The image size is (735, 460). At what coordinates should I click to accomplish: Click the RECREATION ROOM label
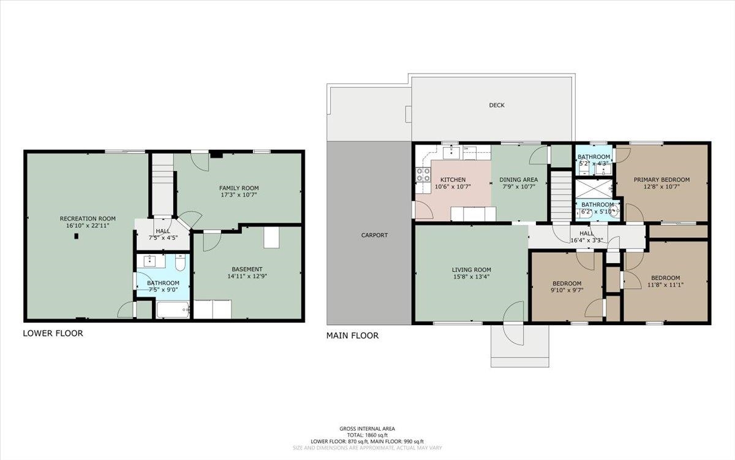(88, 218)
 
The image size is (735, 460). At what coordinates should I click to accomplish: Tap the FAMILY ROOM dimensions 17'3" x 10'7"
(238, 195)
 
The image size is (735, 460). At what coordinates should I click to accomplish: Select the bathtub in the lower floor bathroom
(173, 310)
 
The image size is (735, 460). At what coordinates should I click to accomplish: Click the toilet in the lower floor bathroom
(180, 263)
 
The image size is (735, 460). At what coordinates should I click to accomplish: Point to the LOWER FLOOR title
(53, 334)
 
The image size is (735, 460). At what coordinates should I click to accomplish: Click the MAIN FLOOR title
(352, 335)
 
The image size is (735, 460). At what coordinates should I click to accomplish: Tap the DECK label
(497, 105)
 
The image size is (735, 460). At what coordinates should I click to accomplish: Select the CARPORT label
(374, 236)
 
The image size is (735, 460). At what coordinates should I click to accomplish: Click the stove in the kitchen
(423, 174)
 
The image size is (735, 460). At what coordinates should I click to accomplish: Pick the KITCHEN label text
(453, 180)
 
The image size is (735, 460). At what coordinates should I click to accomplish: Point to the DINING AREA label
(518, 180)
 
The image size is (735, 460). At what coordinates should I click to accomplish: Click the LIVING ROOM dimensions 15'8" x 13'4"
(471, 277)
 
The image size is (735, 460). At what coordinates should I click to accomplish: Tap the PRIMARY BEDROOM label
(661, 180)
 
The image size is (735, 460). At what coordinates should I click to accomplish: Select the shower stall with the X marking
(594, 189)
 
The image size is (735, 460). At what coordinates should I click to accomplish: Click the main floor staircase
(561, 196)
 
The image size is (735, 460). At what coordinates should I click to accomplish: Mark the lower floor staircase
(163, 185)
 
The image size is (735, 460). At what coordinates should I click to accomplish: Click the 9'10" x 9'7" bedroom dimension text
(567, 290)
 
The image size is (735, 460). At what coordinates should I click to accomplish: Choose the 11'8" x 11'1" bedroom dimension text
(665, 285)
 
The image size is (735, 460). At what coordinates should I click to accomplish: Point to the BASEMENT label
(247, 269)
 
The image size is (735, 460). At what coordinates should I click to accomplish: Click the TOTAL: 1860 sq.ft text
(367, 435)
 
